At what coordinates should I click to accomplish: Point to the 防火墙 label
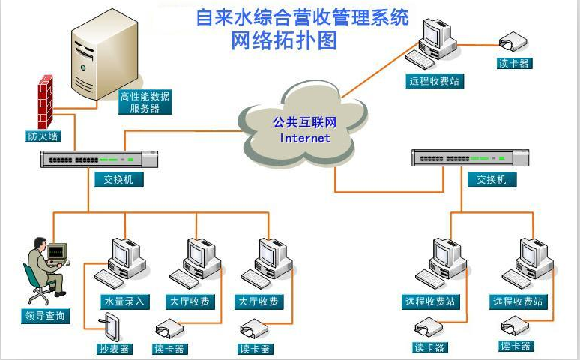click(42, 136)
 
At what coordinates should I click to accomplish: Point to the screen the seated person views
click(58, 253)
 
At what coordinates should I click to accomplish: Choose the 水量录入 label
click(125, 301)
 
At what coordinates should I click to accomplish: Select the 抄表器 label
click(115, 349)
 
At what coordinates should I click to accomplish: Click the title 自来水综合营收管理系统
click(302, 16)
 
